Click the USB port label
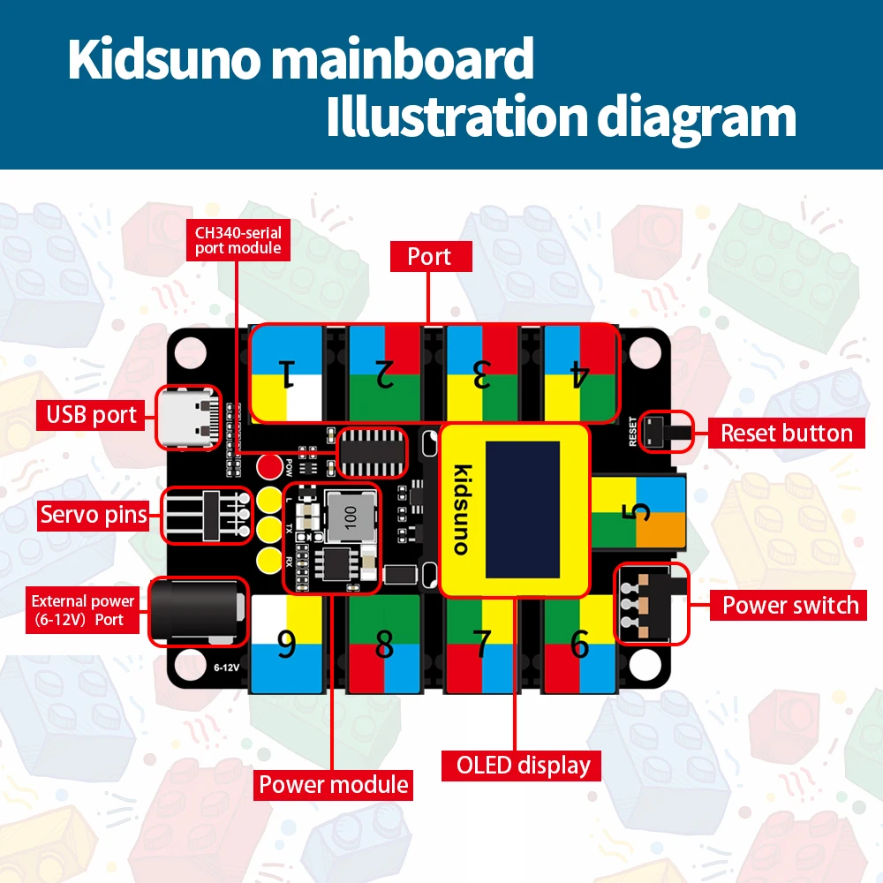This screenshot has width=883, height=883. click(92, 414)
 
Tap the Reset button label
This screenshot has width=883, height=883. click(786, 433)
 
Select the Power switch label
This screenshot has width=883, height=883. click(789, 605)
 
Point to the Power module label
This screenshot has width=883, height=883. click(334, 784)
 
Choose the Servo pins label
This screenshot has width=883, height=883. click(94, 515)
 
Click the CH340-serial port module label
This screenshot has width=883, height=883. click(238, 240)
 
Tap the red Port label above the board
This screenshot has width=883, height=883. click(429, 257)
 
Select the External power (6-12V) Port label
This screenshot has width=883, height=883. click(83, 609)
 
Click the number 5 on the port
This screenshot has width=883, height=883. click(639, 511)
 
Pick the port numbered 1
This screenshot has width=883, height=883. click(286, 374)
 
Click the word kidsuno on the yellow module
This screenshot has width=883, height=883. click(460, 509)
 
